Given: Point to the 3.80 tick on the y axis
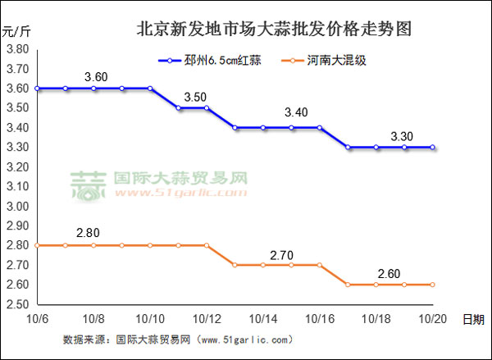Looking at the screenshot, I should tap(17, 49).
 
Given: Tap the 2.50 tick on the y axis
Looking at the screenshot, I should tap(17, 304).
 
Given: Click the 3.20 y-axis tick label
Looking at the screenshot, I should tap(17, 167).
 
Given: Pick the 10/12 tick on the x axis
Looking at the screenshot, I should tap(206, 318).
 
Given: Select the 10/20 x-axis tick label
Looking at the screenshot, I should tap(431, 318).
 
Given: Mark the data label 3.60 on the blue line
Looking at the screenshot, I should tap(96, 77).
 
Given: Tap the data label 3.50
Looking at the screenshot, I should tap(195, 97).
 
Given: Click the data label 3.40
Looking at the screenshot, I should tap(295, 112).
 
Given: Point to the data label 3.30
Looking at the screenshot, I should tap(393, 132).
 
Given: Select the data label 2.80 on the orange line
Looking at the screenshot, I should tap(88, 233).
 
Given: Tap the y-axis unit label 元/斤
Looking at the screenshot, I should tap(16, 33).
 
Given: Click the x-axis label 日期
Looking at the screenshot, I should tap(472, 318).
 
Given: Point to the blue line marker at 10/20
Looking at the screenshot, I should tap(432, 148).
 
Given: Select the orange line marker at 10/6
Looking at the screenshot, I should tap(38, 245).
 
